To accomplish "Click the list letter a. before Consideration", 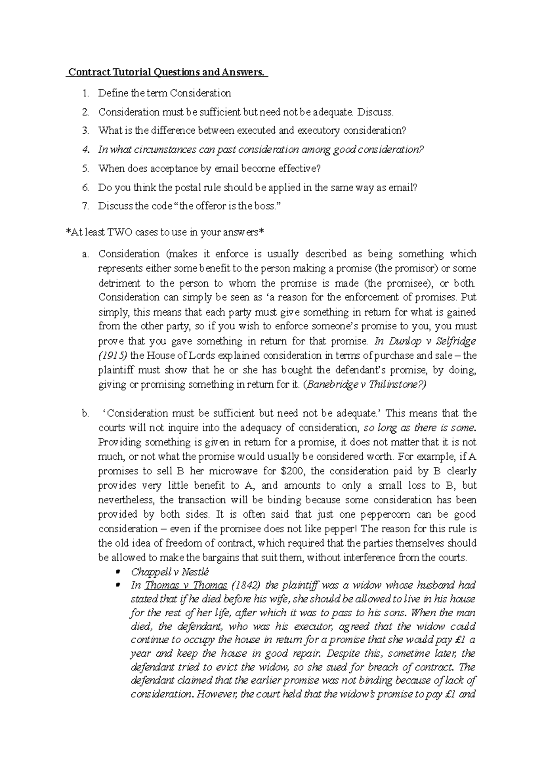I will (x=85, y=254).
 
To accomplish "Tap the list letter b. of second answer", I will (x=85, y=413).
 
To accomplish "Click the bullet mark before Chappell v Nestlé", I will (x=118, y=572).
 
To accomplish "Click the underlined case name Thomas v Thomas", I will (x=186, y=585).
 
